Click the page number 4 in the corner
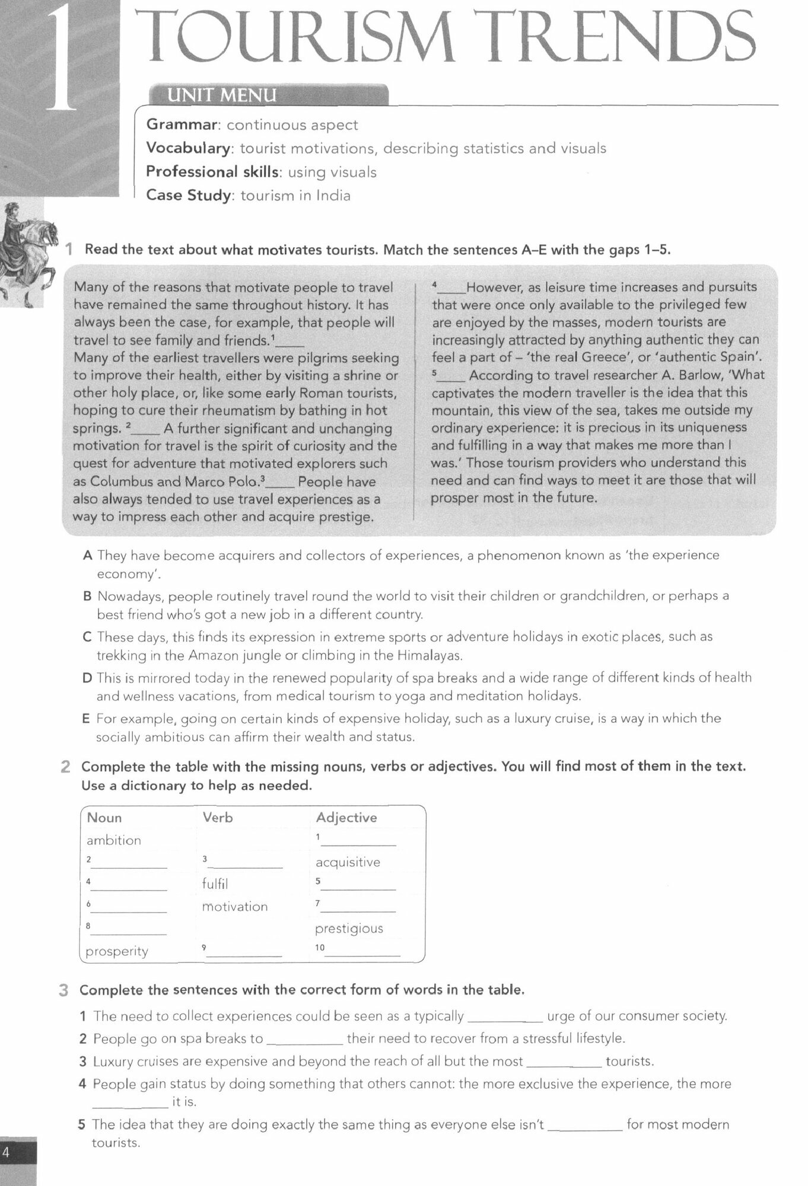click(x=7, y=1152)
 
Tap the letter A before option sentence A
click(x=88, y=556)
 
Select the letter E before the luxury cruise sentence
click(x=86, y=719)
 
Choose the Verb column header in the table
click(x=217, y=817)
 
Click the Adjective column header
click(x=346, y=817)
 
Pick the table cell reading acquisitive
click(x=348, y=862)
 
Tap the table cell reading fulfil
click(x=215, y=884)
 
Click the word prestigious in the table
click(x=349, y=929)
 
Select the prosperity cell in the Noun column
click(x=117, y=951)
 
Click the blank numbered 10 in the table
click(x=362, y=951)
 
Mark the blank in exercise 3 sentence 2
click(x=304, y=1040)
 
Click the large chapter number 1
click(x=62, y=59)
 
